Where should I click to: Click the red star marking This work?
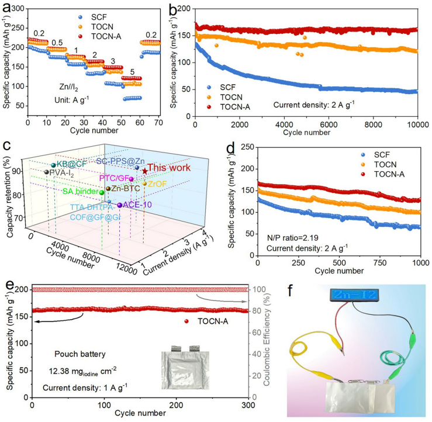pos(144,171)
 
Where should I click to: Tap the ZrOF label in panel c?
pos(157,184)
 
